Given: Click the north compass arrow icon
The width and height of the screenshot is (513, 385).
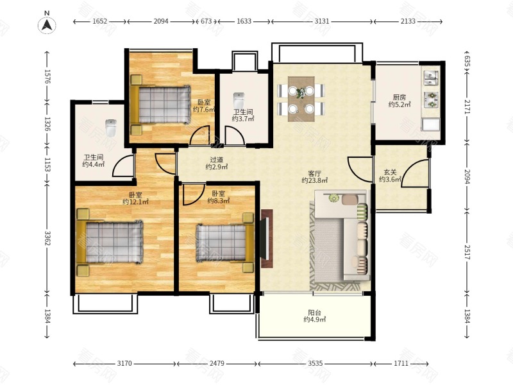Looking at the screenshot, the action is point(47,25).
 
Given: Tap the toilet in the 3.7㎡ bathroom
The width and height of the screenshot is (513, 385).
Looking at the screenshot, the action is point(239,100).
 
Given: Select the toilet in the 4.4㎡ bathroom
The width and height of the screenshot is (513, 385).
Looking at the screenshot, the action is point(111,128).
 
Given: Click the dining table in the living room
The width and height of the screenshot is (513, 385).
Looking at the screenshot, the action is point(301,99).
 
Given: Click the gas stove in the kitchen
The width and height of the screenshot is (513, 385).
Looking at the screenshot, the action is point(431,99).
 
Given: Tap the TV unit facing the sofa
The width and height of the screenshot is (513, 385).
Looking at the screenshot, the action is point(266,239).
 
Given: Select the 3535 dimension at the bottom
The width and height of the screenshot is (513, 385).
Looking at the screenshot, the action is point(315,363).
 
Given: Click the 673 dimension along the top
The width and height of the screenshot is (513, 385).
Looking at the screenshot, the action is point(206,21).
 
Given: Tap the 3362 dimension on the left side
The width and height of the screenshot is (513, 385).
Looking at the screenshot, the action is point(47,238).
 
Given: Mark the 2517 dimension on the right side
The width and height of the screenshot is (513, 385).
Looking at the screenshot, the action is point(467,252).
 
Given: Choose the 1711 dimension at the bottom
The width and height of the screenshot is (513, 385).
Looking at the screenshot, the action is point(401,363).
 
